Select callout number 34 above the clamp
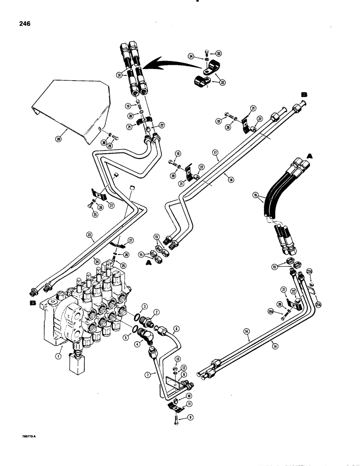point(191,56)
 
